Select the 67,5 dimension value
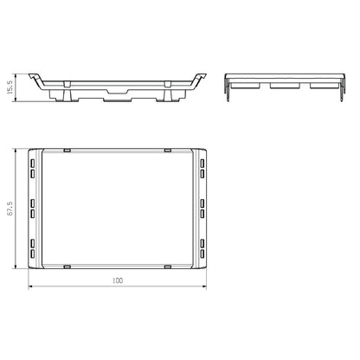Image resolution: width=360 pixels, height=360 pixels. tap(10, 209)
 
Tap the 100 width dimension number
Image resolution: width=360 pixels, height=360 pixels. tap(118, 281)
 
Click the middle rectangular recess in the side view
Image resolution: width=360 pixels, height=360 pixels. tap(283, 86)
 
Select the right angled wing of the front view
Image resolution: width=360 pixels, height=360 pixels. tap(201, 79)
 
